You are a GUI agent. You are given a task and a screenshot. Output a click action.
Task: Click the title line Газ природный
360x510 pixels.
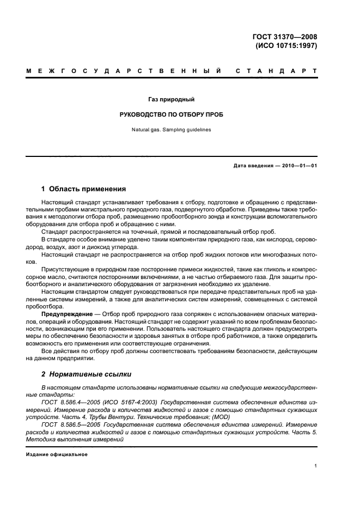(172, 100)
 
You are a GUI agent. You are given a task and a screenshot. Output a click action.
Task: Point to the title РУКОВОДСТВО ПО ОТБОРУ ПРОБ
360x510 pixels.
(172, 115)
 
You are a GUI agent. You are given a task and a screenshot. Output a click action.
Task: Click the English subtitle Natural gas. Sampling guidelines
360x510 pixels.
(172, 130)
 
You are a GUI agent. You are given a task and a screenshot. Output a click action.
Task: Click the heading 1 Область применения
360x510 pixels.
(84, 189)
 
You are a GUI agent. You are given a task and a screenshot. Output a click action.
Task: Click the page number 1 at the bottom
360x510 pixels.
(316, 466)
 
